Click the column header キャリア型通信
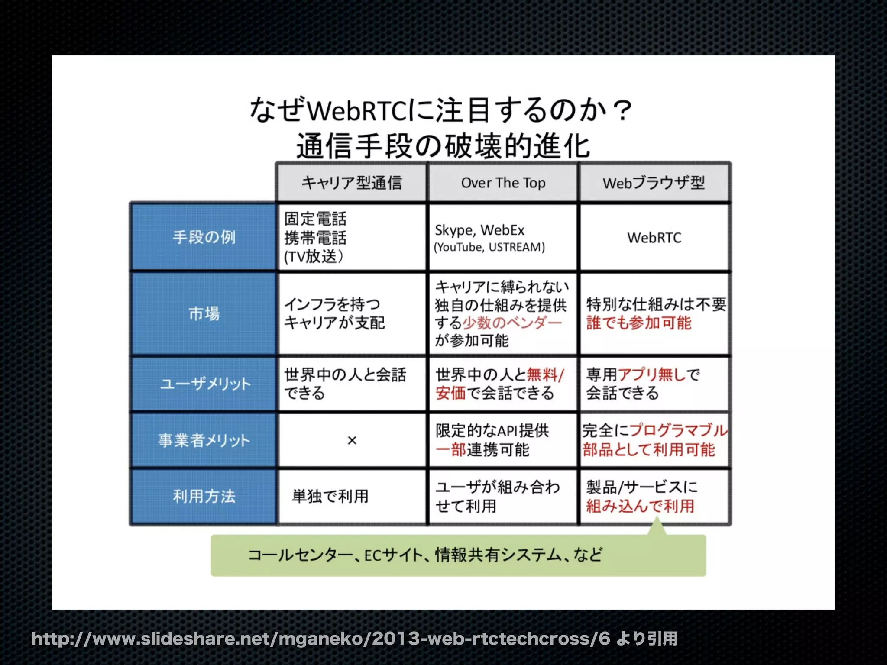click(x=351, y=183)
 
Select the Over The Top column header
click(x=503, y=183)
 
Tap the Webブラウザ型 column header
click(x=654, y=183)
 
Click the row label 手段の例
click(x=204, y=237)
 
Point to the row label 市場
click(x=204, y=313)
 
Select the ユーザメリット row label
click(x=205, y=384)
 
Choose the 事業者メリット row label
click(x=204, y=440)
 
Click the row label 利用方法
click(x=204, y=496)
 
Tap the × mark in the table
click(x=352, y=441)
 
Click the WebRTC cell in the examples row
click(x=654, y=238)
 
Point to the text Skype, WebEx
click(x=479, y=230)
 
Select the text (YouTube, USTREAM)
click(x=489, y=247)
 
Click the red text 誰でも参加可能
click(x=638, y=323)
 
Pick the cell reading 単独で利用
click(x=330, y=496)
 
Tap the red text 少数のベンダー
click(x=512, y=323)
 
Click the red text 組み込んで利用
click(x=640, y=506)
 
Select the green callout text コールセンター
click(x=300, y=555)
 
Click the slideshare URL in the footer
click(x=320, y=639)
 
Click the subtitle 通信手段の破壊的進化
click(x=443, y=146)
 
